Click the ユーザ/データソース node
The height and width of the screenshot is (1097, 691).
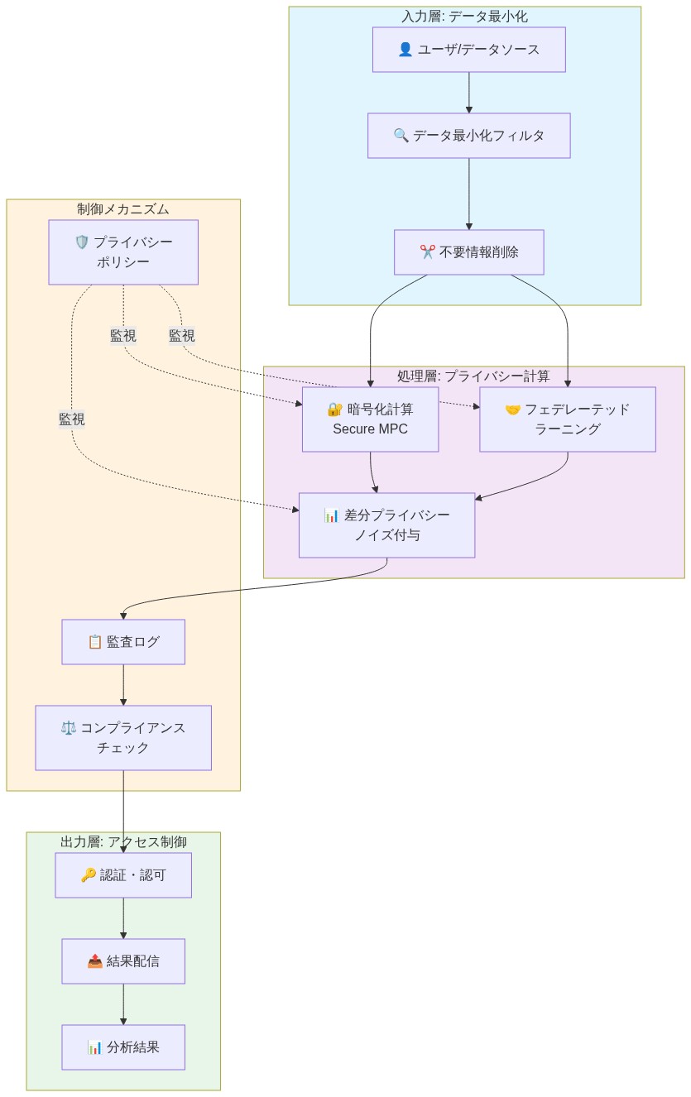click(x=468, y=50)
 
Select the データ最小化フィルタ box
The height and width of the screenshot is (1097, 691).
click(x=468, y=136)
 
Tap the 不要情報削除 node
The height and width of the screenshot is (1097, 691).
click(x=468, y=252)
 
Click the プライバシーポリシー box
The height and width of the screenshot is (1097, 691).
click(x=123, y=252)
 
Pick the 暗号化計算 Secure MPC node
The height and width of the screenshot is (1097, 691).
click(x=370, y=419)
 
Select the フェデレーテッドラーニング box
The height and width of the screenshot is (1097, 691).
click(x=567, y=419)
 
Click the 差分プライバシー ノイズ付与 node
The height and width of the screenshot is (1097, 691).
click(x=386, y=525)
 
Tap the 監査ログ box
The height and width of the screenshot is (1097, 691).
click(x=123, y=642)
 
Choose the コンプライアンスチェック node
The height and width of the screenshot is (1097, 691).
click(x=123, y=738)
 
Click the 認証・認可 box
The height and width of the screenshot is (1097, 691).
click(x=123, y=875)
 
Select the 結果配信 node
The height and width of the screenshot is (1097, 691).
click(x=123, y=961)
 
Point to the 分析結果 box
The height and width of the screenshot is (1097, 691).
click(x=123, y=1047)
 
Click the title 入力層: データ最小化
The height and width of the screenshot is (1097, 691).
click(x=464, y=16)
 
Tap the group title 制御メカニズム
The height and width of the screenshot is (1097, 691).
click(x=123, y=208)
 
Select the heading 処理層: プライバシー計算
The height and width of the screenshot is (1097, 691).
click(x=473, y=376)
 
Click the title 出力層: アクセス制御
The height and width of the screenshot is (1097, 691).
click(x=123, y=842)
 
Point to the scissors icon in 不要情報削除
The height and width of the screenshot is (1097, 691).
click(x=427, y=252)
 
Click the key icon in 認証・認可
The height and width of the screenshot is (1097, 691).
click(x=88, y=875)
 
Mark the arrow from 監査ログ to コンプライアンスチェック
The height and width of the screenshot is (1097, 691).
click(x=123, y=684)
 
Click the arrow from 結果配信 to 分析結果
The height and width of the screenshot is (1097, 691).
click(x=123, y=1004)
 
